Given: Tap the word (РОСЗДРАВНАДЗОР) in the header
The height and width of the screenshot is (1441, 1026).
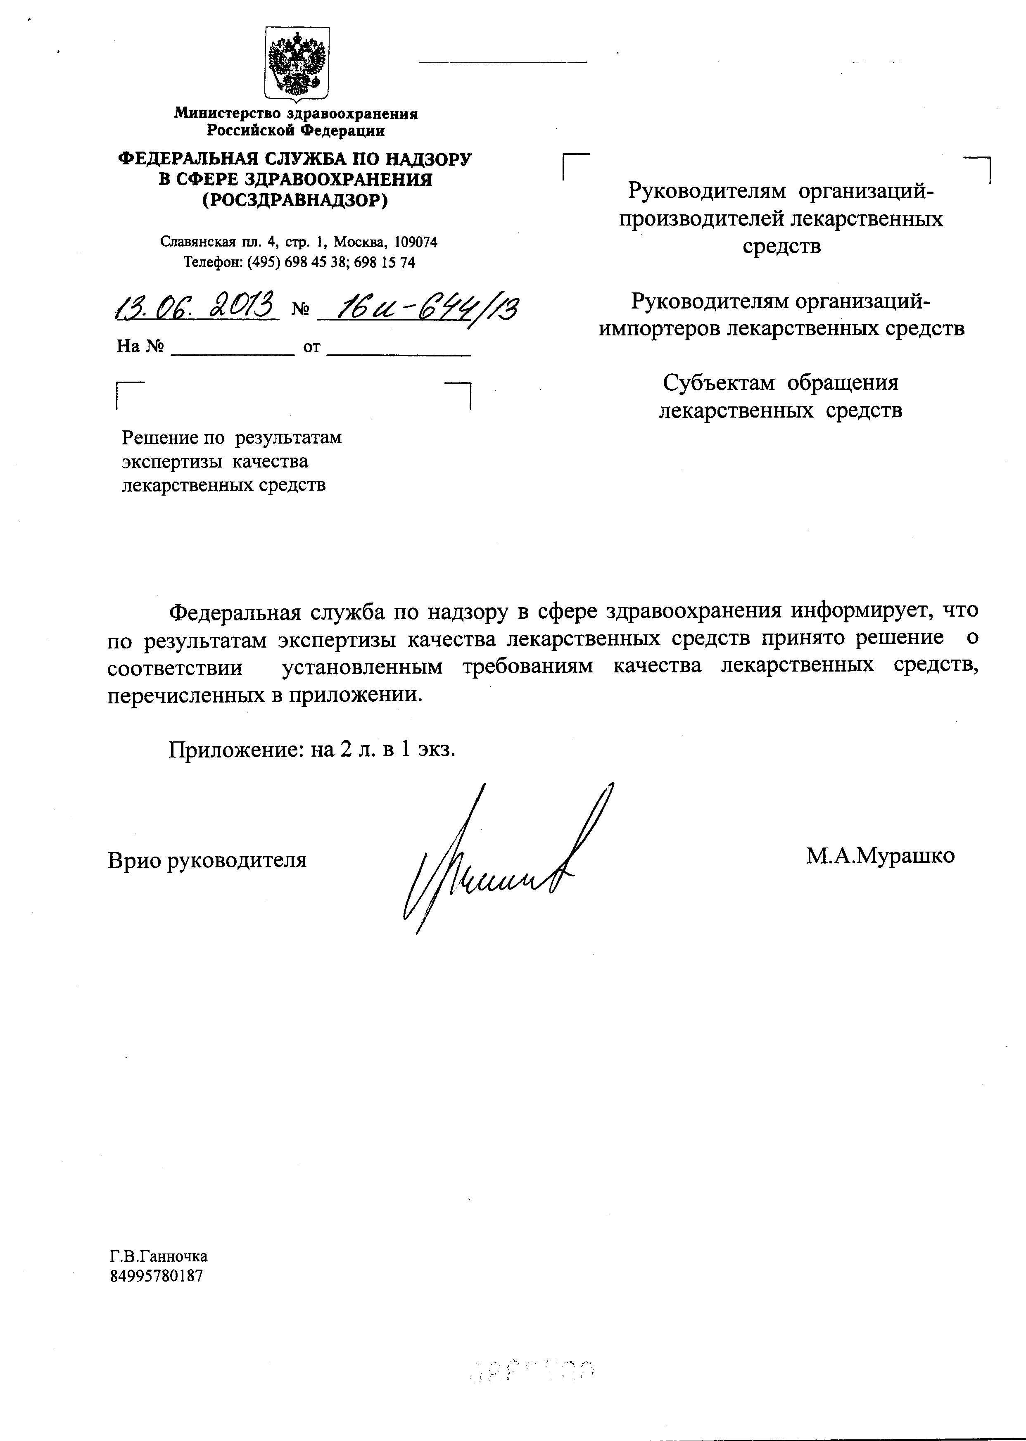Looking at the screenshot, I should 294,200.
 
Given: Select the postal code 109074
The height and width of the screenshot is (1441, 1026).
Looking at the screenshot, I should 415,242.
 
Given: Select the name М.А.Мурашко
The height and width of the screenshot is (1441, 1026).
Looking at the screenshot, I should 880,856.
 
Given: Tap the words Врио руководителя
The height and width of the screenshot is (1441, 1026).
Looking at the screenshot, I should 207,860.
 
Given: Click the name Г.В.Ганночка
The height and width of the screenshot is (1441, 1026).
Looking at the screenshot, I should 159,1256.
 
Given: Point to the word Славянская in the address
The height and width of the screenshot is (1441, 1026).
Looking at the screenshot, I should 197,242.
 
